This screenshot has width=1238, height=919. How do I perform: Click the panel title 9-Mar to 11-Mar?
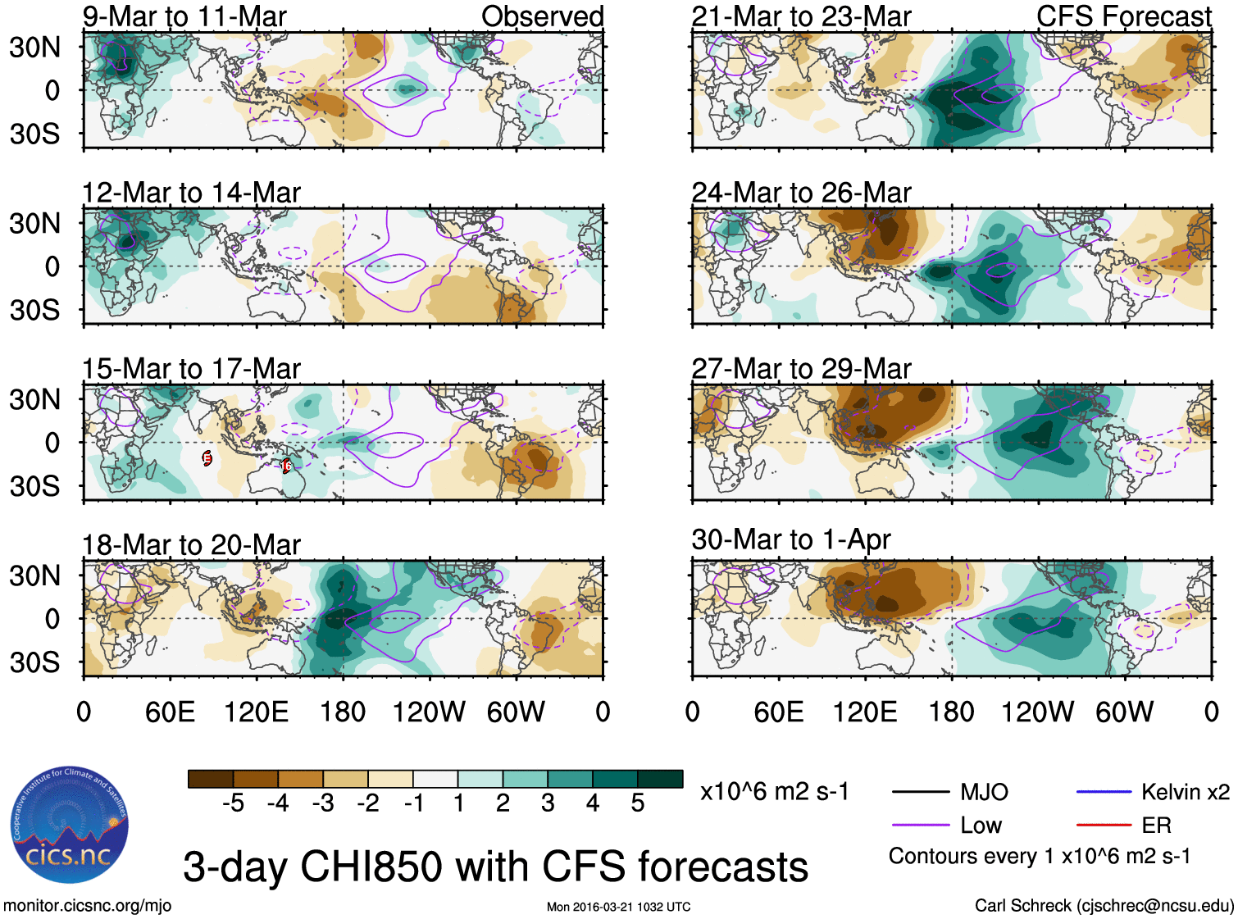pos(184,16)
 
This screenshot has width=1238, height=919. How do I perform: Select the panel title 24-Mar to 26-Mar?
pos(801,193)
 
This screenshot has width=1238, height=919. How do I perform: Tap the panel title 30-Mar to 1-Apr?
pos(791,539)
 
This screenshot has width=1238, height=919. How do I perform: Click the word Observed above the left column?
pos(542,16)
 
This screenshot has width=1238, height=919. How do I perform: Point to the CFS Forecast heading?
pos(1123,16)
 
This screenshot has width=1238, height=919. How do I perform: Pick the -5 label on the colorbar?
pos(233,803)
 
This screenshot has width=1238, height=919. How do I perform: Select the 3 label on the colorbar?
pos(548,803)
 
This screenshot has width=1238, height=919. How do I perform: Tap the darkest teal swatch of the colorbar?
pos(660,779)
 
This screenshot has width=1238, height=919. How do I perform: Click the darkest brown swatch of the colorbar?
pos(211,779)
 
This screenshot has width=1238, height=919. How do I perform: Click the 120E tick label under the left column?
pos(256,712)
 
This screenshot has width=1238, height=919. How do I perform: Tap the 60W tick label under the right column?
pos(1124,712)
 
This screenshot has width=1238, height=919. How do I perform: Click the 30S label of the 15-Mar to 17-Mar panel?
pos(34,486)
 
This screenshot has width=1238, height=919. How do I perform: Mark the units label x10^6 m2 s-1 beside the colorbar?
pos(774,792)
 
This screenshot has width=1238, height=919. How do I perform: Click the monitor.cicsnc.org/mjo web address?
pos(88,906)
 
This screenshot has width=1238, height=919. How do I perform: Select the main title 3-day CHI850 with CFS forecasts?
pos(495,867)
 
